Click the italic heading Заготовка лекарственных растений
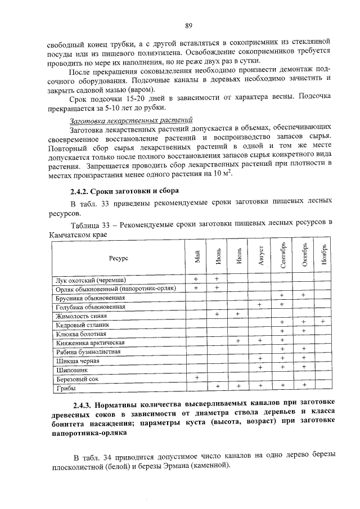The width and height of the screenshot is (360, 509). click(130, 120)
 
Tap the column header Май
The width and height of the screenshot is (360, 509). click(197, 258)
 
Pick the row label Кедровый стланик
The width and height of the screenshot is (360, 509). click(79, 325)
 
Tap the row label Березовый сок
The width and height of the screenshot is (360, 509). click(76, 379)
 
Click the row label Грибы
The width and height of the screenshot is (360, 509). click(66, 388)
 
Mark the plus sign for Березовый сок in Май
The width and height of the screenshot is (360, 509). click(196, 379)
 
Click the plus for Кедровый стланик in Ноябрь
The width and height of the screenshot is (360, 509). click(323, 321)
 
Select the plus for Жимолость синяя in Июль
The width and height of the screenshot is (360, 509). click(238, 313)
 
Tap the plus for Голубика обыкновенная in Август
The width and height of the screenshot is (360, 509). click(260, 304)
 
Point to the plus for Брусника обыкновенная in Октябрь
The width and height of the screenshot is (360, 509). click(303, 295)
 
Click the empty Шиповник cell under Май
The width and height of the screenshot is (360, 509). click(196, 370)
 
